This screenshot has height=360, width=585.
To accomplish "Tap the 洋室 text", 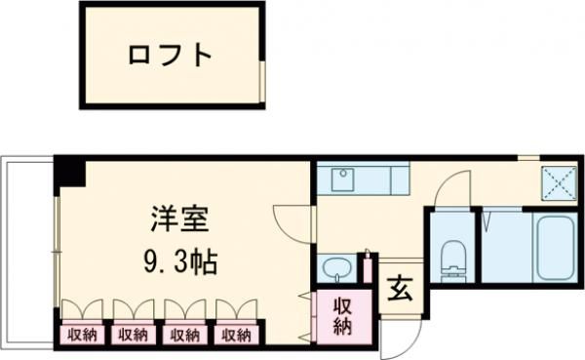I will pyautogui.click(x=175, y=220).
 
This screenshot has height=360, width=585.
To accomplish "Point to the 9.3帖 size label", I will pyautogui.click(x=176, y=261).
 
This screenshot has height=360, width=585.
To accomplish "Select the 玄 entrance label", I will pyautogui.click(x=401, y=290).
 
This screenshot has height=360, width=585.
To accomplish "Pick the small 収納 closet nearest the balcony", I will pyautogui.click(x=81, y=336).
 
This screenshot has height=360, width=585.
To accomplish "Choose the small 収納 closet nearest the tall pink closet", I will pyautogui.click(x=236, y=336).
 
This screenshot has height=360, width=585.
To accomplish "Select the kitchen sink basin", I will pyautogui.click(x=343, y=180).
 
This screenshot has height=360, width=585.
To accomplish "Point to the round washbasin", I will pyautogui.click(x=335, y=268).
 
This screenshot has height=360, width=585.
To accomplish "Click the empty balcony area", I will pyautogui.click(x=25, y=254).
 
